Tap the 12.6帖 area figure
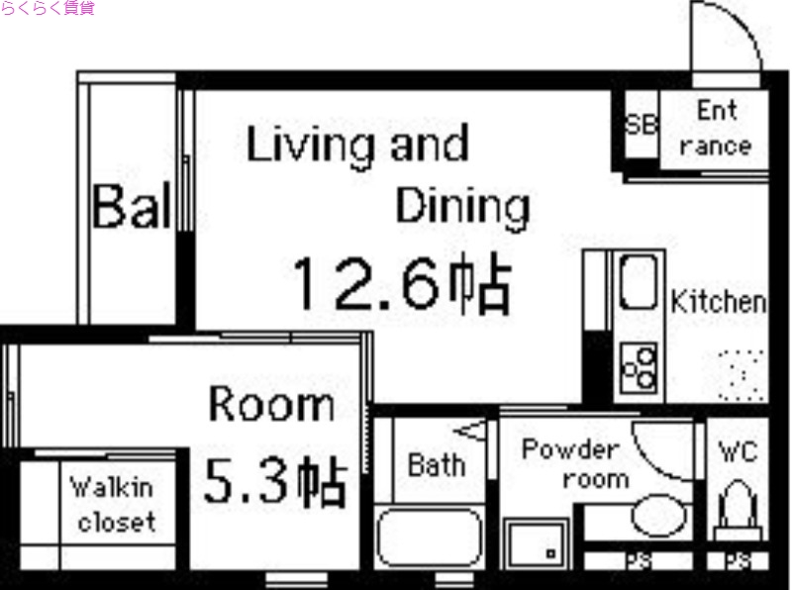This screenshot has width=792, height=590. [400, 284]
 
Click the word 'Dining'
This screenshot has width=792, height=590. [462, 206]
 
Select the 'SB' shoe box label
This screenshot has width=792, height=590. [641, 126]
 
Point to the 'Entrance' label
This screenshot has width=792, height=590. [716, 129]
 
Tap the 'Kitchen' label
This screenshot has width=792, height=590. [719, 302]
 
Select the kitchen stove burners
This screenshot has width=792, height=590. [640, 367]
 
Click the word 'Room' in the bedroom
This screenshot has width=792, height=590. [271, 405]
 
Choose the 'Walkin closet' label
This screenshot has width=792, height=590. [112, 504]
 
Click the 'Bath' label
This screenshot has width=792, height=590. [437, 463]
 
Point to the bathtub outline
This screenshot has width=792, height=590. [429, 537]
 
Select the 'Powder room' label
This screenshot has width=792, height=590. [570, 463]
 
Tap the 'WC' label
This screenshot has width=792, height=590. [738, 452]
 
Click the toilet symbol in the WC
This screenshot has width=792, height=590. [738, 507]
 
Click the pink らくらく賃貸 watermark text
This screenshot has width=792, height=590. [48, 9]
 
